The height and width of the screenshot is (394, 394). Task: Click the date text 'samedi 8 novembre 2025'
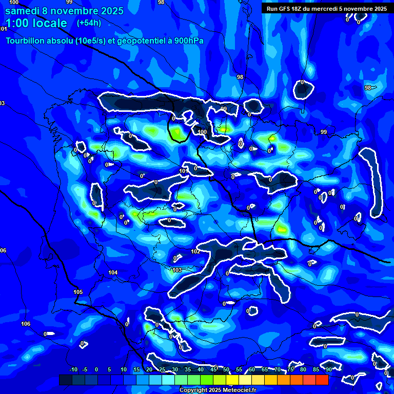click(x=64, y=11)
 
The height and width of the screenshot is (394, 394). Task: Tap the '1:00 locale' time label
click(x=36, y=23)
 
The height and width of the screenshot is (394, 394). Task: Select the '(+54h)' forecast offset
click(x=89, y=23)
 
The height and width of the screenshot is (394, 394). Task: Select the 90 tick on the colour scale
click(x=328, y=369)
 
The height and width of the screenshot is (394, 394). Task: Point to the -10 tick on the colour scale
click(x=73, y=369)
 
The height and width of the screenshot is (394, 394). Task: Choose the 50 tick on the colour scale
click(x=226, y=369)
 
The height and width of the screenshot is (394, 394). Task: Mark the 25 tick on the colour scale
click(x=162, y=369)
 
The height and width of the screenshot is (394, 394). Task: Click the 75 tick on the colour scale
click(x=290, y=369)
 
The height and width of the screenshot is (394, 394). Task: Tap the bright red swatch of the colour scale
click(x=322, y=380)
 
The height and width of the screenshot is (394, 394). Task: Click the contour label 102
click(x=195, y=251)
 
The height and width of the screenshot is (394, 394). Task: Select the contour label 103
click(x=178, y=270)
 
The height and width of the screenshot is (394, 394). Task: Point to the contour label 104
click(x=113, y=272)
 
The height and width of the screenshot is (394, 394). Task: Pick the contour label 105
click(x=78, y=292)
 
